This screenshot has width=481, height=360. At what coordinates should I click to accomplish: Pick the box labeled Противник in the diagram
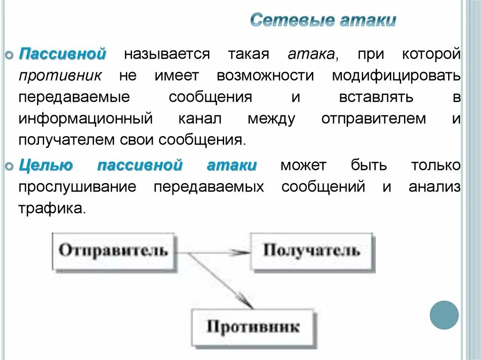[x=253, y=326]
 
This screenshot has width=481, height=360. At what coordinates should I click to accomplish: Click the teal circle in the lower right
[x=444, y=315]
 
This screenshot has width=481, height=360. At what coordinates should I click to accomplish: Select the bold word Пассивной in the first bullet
[x=62, y=54]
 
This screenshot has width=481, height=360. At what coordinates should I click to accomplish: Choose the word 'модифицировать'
[x=396, y=76]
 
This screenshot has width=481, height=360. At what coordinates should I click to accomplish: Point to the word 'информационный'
[x=85, y=119]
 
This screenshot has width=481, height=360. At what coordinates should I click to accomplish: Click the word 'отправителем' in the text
[x=373, y=119]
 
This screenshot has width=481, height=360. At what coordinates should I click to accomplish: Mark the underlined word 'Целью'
[x=46, y=166]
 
